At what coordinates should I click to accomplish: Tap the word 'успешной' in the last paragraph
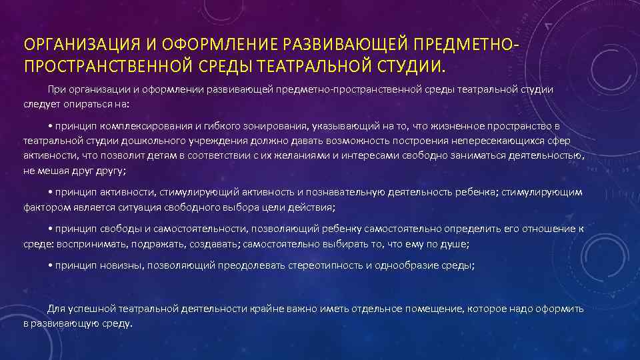pyautogui.click(x=89, y=309)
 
